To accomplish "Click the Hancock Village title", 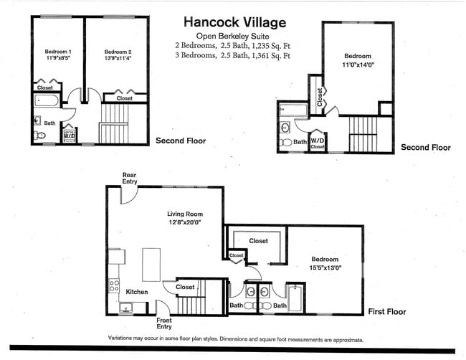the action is [x=234, y=23].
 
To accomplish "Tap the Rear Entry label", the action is [x=130, y=178].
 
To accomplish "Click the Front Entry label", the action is [x=164, y=323].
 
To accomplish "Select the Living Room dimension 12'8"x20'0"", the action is [x=185, y=222].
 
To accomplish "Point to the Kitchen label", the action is [x=137, y=292].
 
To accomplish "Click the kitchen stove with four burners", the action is [x=114, y=285].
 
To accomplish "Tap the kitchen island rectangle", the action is [x=151, y=265].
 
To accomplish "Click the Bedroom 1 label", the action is [x=58, y=52].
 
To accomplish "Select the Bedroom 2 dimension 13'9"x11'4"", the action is [x=118, y=58].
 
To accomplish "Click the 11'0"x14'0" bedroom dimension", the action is [x=358, y=65].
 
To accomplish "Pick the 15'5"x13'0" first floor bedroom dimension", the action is [x=325, y=267].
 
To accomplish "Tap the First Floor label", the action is [x=387, y=311].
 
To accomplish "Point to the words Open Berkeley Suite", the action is [x=232, y=37].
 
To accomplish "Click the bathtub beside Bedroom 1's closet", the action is [x=47, y=101].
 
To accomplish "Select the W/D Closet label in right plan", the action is [x=318, y=143].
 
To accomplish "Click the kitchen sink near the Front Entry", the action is [x=126, y=308].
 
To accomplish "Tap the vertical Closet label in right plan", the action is [x=320, y=98].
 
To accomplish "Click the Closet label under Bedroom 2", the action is [x=125, y=98].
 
